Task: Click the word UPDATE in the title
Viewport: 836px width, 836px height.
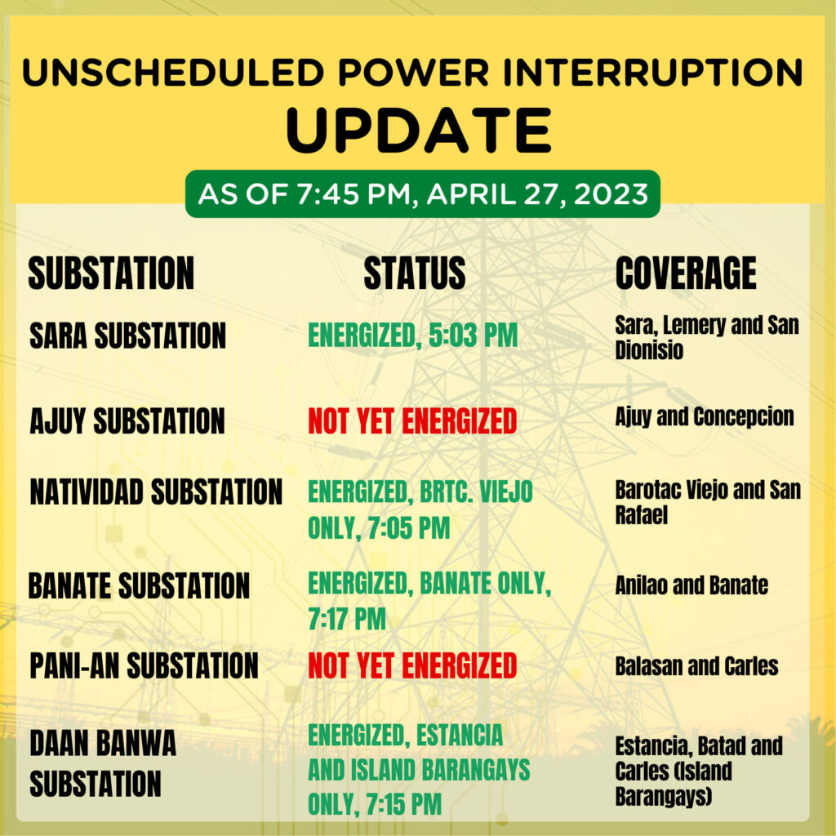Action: click(x=419, y=131)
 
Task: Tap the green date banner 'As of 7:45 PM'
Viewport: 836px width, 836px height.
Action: click(x=423, y=193)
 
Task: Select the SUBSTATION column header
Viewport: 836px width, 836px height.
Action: click(x=111, y=273)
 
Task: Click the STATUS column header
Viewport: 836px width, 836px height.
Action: click(x=415, y=273)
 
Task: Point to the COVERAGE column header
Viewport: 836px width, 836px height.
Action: click(x=686, y=273)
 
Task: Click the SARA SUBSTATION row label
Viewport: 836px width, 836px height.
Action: click(x=128, y=336)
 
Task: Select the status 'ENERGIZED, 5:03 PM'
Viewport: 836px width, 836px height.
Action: click(x=413, y=336)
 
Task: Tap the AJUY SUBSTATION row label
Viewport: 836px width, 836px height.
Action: click(x=127, y=420)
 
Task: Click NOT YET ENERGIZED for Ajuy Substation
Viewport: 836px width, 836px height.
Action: click(x=412, y=420)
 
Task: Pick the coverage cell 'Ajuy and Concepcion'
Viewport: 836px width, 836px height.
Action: click(x=705, y=417)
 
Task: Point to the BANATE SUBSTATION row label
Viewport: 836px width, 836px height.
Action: click(x=139, y=585)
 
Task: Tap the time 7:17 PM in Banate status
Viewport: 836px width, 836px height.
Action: click(x=347, y=619)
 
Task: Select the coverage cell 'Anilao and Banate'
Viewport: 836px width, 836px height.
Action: click(x=691, y=585)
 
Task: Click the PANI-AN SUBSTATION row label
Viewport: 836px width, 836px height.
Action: click(x=144, y=665)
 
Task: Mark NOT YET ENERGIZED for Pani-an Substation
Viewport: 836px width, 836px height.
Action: click(x=412, y=665)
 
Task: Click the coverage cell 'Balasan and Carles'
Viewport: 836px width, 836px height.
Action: click(x=697, y=666)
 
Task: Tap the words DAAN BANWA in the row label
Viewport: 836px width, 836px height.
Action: click(x=103, y=743)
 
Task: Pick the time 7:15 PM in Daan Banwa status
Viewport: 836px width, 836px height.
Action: click(x=401, y=804)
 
